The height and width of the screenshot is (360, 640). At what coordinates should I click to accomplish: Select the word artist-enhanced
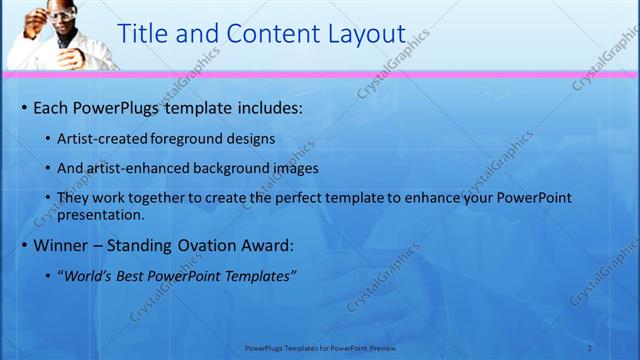pyautogui.click(x=144, y=168)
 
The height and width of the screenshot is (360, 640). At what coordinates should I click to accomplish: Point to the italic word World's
pyautogui.click(x=91, y=276)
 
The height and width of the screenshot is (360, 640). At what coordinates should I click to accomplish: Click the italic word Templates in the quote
pyautogui.click(x=259, y=276)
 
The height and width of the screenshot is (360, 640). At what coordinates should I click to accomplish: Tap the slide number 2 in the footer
pyautogui.click(x=589, y=348)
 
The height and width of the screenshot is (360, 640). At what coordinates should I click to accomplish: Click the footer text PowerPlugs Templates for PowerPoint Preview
pyautogui.click(x=320, y=348)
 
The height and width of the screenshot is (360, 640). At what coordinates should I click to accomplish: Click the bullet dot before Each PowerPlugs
pyautogui.click(x=24, y=107)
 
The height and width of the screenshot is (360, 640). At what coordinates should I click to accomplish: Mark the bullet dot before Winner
pyautogui.click(x=24, y=245)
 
